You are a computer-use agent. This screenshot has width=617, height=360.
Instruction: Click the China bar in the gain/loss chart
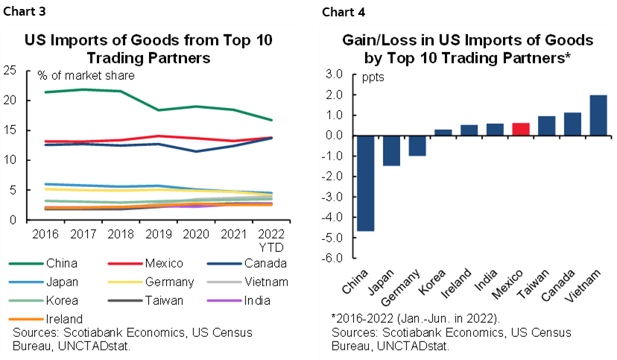point(365,183)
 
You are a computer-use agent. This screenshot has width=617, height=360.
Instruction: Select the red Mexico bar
point(521,129)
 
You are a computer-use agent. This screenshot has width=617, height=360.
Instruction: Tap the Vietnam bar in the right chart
point(598,116)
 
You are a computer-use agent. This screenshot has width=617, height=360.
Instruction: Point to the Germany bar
point(417,145)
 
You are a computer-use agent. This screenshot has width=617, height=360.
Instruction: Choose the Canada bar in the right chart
point(572,124)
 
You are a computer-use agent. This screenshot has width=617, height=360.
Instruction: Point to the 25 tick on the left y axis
point(10,71)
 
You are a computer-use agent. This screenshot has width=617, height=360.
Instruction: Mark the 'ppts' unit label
point(374,77)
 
